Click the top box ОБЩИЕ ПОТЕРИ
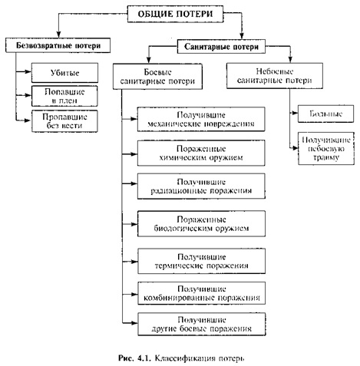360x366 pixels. pyautogui.click(x=175, y=14)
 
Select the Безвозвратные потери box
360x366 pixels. pyautogui.click(x=58, y=45)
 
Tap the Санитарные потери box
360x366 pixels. pyautogui.click(x=221, y=47)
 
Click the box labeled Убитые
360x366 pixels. pyautogui.click(x=64, y=73)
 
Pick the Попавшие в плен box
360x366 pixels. pyautogui.click(x=64, y=96)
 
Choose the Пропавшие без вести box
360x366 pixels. pyautogui.click(x=64, y=121)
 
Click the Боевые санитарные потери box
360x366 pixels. pyautogui.click(x=157, y=77)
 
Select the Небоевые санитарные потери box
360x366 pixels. pyautogui.click(x=275, y=76)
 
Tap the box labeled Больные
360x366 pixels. pyautogui.click(x=325, y=114)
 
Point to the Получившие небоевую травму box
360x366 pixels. pyautogui.click(x=326, y=148)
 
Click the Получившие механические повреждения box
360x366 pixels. pyautogui.click(x=201, y=120)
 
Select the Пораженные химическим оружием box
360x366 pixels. pyautogui.click(x=201, y=153)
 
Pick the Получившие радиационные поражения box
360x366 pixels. pyautogui.click(x=201, y=186)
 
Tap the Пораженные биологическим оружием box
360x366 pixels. pyautogui.click(x=201, y=224)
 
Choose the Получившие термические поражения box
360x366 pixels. pyautogui.click(x=201, y=261)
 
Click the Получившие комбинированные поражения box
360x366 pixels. pyautogui.click(x=202, y=293)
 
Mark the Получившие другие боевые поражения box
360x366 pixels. pyautogui.click(x=202, y=324)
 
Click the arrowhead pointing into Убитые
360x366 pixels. pyautogui.click(x=28, y=72)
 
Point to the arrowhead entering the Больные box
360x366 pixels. pyautogui.click(x=295, y=113)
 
